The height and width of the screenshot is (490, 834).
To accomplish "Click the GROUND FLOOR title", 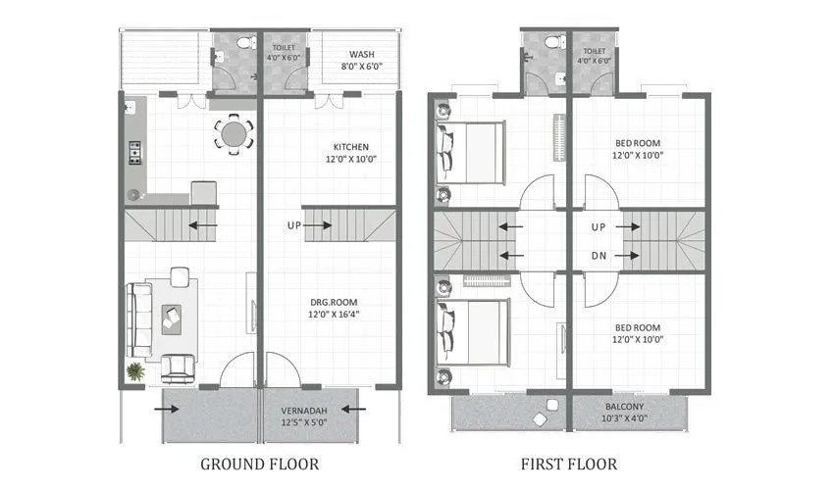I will (259, 463).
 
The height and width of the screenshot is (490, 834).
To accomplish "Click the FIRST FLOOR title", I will (570, 463).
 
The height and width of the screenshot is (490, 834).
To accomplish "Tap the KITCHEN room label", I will (350, 147).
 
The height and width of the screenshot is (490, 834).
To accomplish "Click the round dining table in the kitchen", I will (234, 132).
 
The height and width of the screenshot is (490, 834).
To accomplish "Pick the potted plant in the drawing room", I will (134, 370).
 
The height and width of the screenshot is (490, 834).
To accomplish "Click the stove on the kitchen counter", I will (134, 151).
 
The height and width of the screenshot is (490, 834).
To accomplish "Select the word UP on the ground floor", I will (293, 225).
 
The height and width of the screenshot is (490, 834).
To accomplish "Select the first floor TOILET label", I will (595, 50).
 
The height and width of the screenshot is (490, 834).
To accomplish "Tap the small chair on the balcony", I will (539, 418).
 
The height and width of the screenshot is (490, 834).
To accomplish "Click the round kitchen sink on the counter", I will (132, 193).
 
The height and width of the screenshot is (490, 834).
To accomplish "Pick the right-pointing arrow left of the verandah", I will (157, 409).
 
